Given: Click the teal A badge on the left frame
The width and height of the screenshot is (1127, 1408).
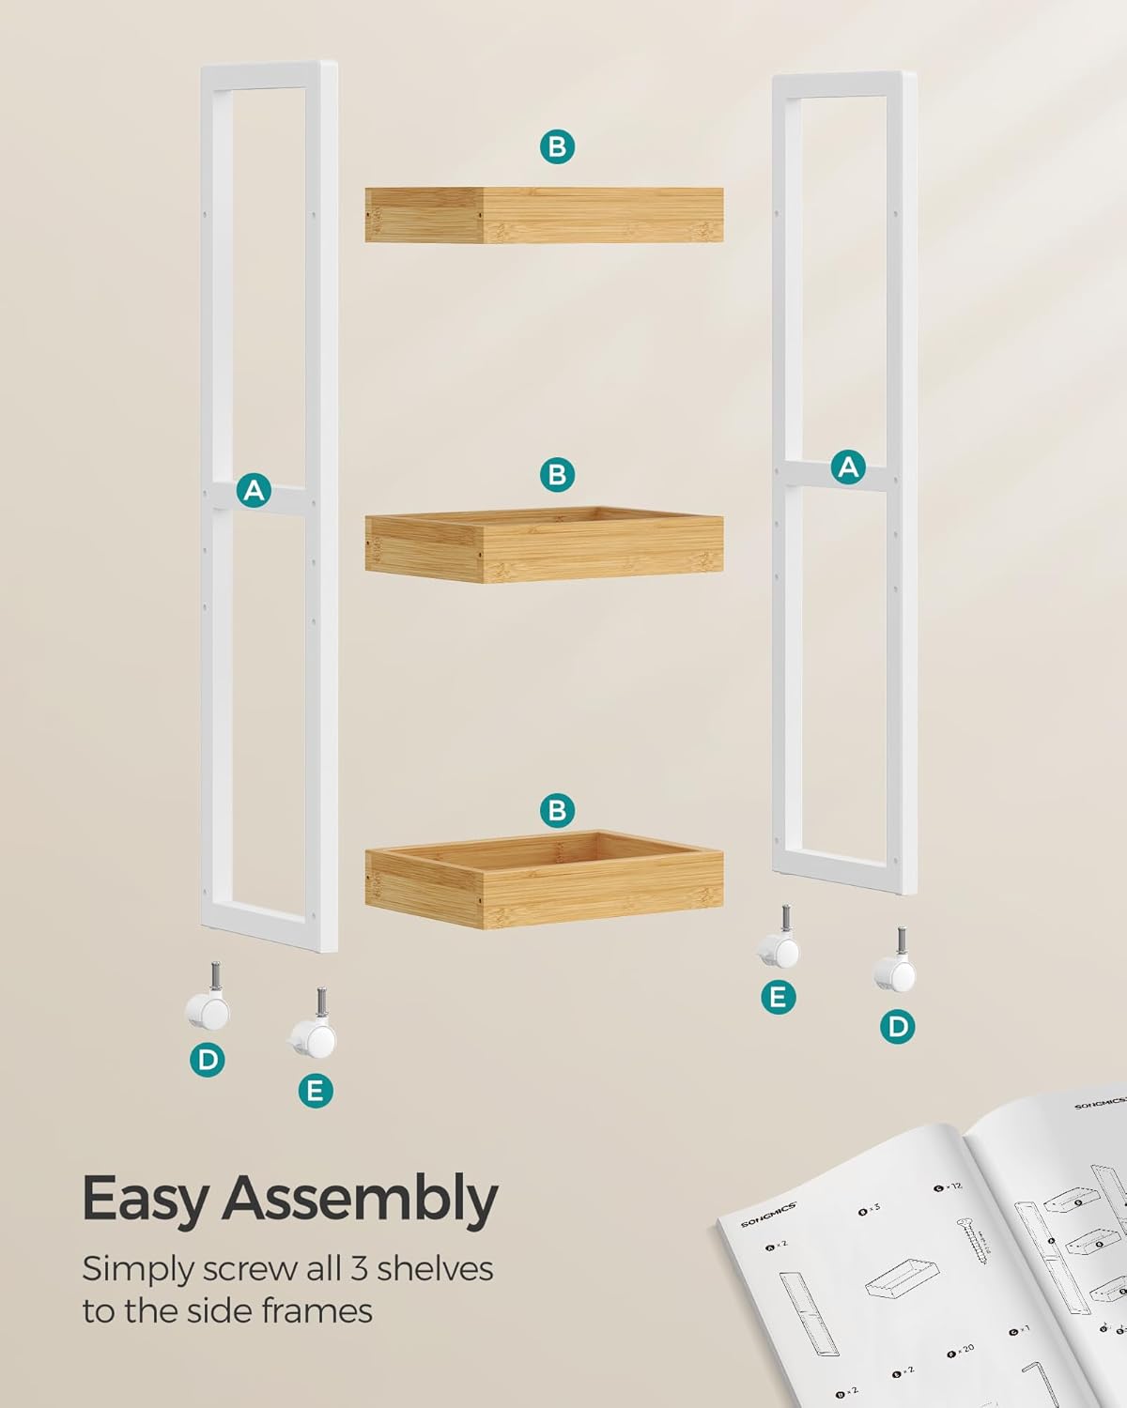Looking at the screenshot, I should (x=254, y=490).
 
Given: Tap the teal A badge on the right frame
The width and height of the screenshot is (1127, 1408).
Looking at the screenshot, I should (x=849, y=467).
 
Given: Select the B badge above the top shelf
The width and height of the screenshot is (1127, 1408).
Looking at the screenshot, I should (x=557, y=146).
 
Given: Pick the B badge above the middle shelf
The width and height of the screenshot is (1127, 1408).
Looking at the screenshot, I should (x=557, y=474).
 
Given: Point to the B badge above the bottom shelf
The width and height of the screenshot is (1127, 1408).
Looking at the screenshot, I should (x=557, y=809).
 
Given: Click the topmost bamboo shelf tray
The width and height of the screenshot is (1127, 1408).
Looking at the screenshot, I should (x=544, y=215).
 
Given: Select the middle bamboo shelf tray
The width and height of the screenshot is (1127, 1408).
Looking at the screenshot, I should (x=544, y=543).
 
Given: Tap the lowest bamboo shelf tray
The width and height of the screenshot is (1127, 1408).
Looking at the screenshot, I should (x=544, y=879).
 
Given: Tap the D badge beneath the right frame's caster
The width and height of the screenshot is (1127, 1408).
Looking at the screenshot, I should (x=898, y=1026).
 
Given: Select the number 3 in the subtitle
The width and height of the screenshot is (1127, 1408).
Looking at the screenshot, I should (x=359, y=1269).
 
